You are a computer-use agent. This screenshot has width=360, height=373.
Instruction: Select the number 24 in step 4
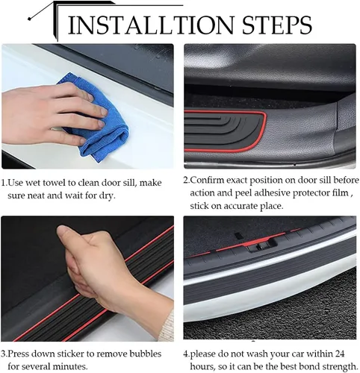339,354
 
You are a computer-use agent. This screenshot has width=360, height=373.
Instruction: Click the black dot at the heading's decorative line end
30,19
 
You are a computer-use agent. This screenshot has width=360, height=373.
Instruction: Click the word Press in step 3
19,354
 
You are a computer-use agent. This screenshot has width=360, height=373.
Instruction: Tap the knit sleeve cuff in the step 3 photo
167,325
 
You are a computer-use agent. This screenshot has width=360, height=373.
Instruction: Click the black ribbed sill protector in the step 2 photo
224,131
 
